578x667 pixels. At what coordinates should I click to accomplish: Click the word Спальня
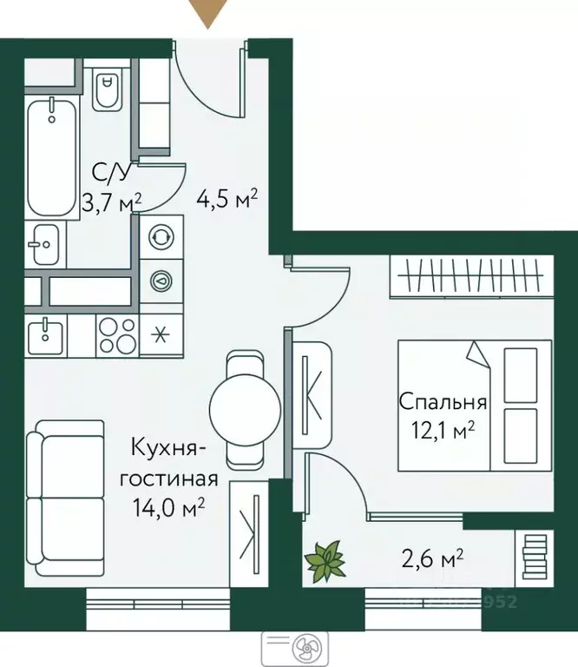(443, 402)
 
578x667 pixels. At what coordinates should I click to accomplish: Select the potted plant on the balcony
(326, 559)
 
